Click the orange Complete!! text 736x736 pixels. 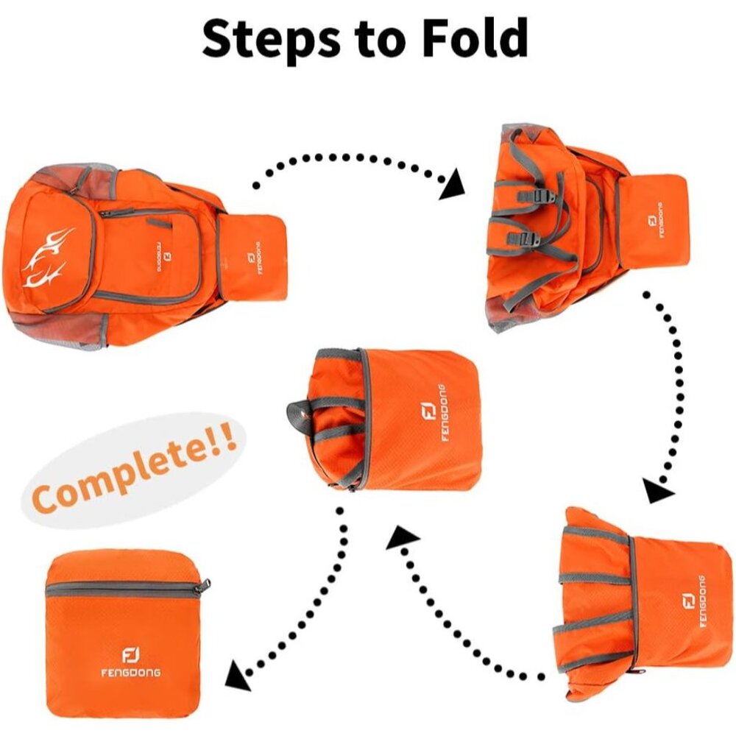click(x=135, y=469)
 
